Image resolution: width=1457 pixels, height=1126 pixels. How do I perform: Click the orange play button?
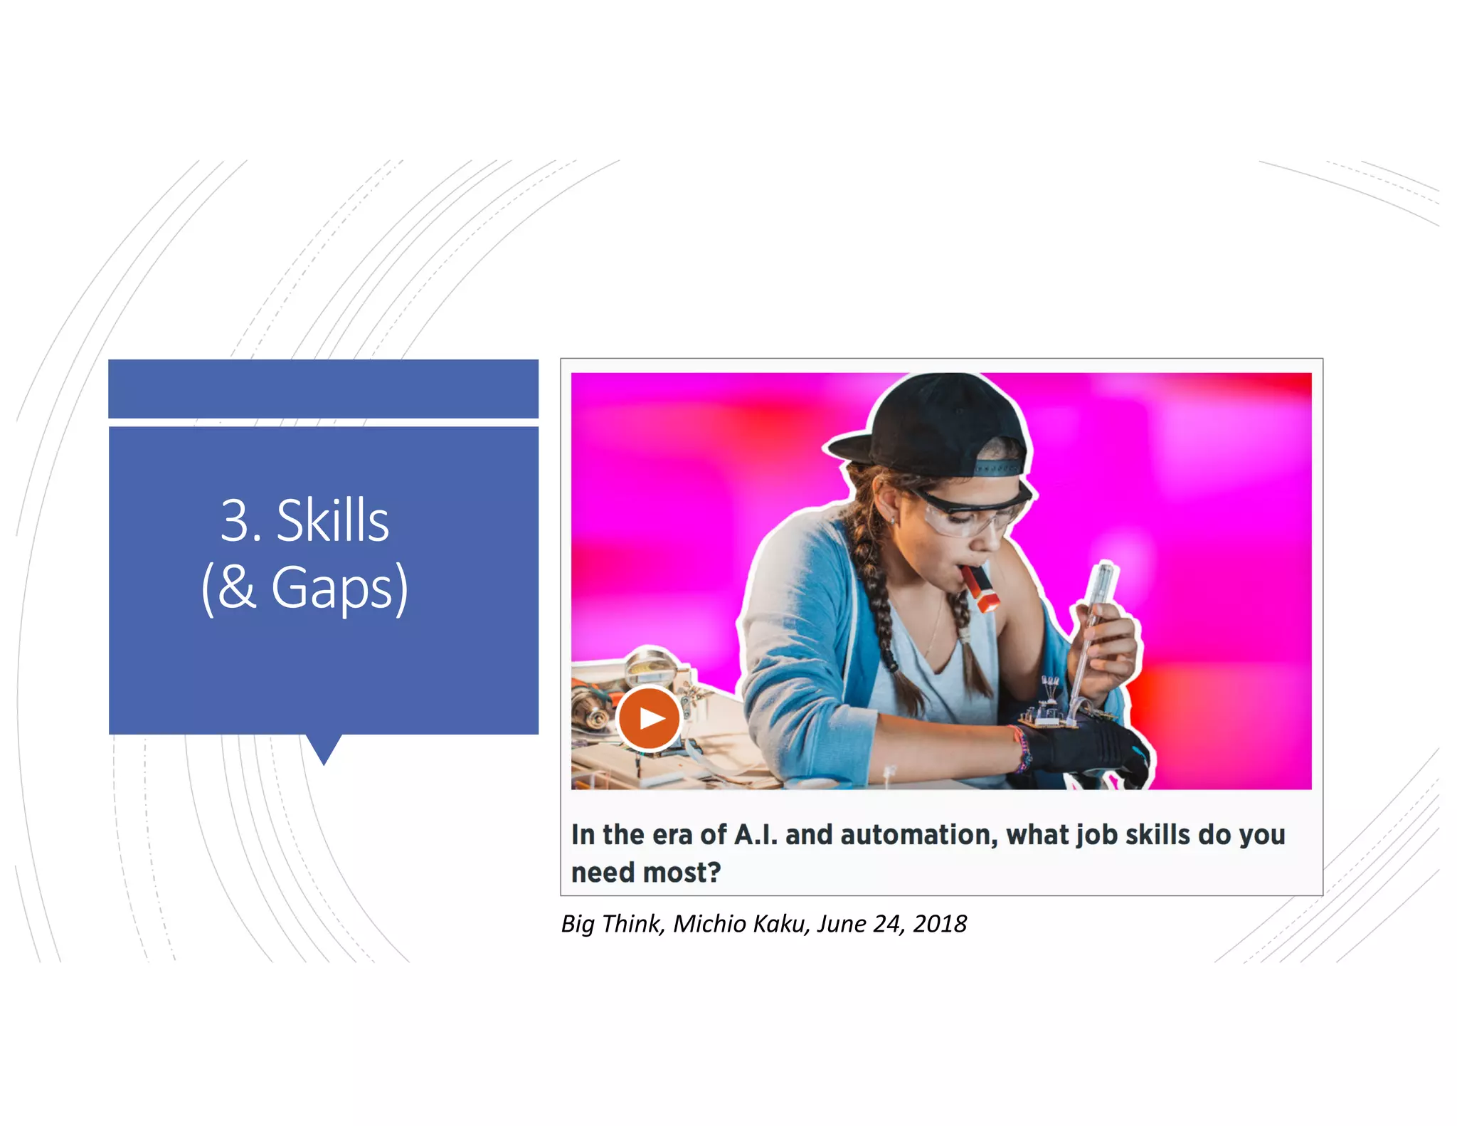[x=648, y=718]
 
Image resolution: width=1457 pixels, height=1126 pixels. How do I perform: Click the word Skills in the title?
[x=332, y=521]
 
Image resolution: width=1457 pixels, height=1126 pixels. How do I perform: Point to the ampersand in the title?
[x=237, y=586]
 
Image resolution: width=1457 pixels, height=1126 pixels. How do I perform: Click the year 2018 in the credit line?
[x=940, y=924]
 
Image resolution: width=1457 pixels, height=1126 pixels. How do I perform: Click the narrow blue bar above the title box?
[x=323, y=389]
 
